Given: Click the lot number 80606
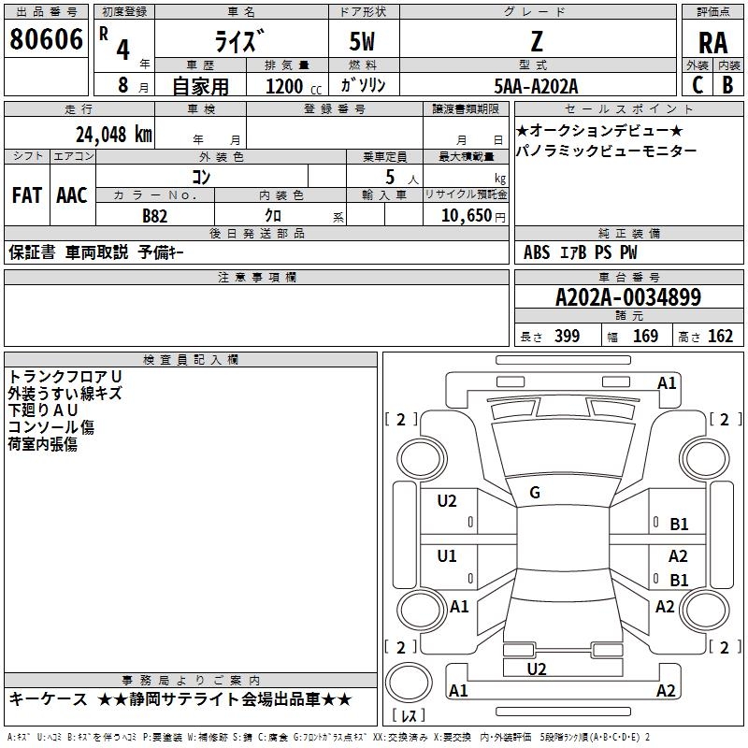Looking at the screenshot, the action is (x=46, y=40).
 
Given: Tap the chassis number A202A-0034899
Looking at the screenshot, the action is (x=627, y=297).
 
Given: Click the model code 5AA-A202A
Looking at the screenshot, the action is (x=536, y=86).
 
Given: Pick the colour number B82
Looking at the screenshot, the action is (x=155, y=215).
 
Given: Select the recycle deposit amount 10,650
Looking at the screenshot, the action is (x=466, y=215).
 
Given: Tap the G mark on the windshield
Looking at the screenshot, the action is (x=535, y=493).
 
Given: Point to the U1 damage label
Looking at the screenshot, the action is (x=447, y=556).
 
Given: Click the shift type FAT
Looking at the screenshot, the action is (x=26, y=195).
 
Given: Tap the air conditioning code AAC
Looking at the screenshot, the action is (x=72, y=195).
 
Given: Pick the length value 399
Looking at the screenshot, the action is (x=567, y=337).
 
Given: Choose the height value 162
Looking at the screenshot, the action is (x=720, y=337).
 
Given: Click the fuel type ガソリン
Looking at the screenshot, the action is (x=364, y=85).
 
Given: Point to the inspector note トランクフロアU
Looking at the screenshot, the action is (x=65, y=376).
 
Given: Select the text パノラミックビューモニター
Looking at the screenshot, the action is (x=606, y=151).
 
